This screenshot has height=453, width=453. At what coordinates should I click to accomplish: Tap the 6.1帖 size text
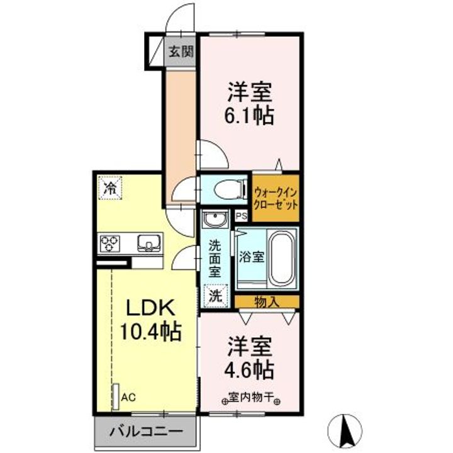pos(249,116)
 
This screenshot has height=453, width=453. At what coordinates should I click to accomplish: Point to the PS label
pos(240,216)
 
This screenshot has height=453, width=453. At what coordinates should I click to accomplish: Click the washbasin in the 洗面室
pos(216,221)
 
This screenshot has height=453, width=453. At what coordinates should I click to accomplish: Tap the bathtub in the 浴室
pos(281,257)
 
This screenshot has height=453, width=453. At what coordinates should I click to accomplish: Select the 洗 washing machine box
pos(215,293)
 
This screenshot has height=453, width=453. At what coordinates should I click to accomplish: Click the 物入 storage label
pos(266,302)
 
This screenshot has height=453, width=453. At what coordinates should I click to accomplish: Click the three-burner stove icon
pos(111,242)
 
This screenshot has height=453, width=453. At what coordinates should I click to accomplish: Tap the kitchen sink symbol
pos(149,242)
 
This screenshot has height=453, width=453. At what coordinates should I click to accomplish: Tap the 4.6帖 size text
pos(249,369)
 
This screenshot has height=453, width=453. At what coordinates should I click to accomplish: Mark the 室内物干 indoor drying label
pos(250,398)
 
